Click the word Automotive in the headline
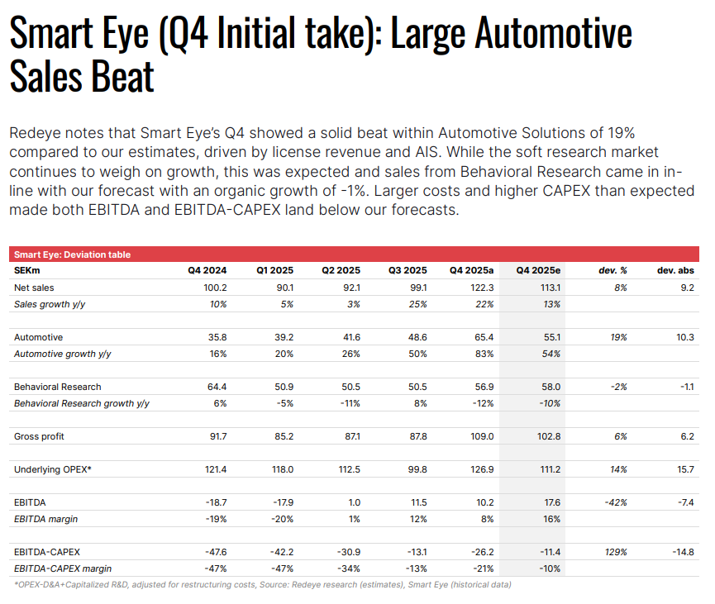coord(553,33)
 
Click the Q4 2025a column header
coord(471,270)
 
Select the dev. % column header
coord(613,270)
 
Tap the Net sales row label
coord(34,288)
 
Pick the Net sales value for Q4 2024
coord(215,288)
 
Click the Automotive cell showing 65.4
coord(484,337)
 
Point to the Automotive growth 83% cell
coord(484,354)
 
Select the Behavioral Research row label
coord(58,387)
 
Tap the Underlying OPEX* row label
coord(52,469)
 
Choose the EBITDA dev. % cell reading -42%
coord(616,502)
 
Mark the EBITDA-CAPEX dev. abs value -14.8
coord(683,552)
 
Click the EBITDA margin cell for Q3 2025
coord(418,519)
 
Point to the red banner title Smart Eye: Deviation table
coord(72,254)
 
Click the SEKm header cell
coord(27,270)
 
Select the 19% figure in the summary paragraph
coord(622,133)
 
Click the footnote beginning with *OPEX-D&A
coord(262,584)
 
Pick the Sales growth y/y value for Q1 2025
coord(287,304)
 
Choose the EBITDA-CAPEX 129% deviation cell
coord(616,552)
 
